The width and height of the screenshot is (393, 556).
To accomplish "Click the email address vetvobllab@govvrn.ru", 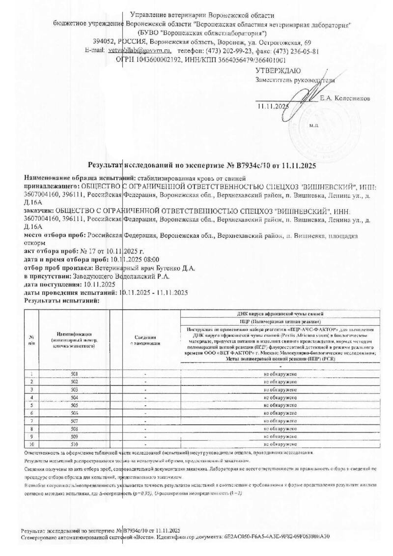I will tap(147, 51).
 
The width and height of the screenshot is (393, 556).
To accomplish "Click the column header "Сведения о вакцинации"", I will tap(146, 340).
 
